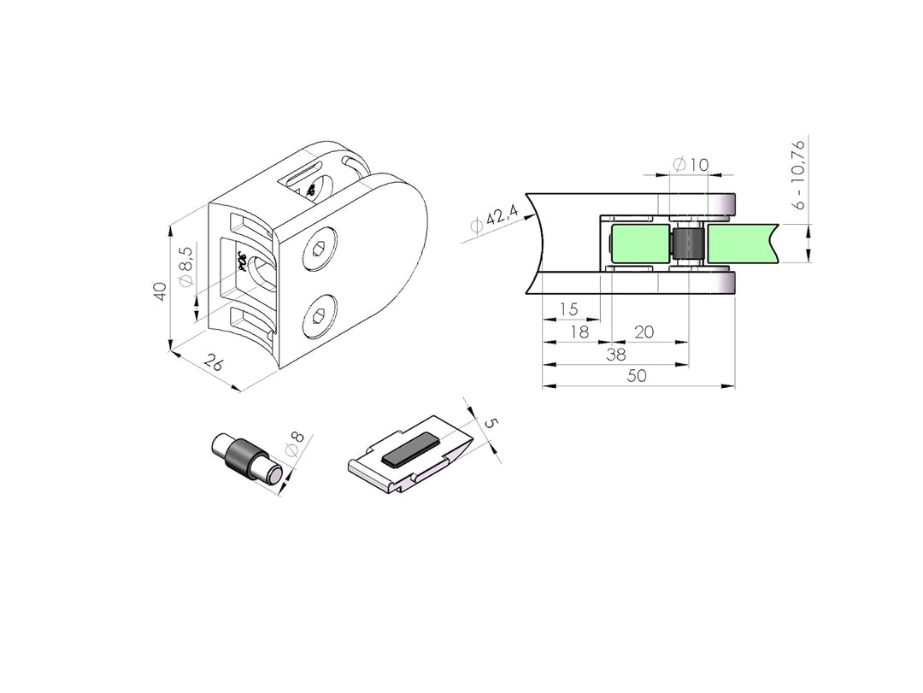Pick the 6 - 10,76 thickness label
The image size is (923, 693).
(798, 174)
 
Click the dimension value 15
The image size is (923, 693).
(568, 308)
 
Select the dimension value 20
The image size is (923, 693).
(644, 332)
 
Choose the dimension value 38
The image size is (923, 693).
(615, 354)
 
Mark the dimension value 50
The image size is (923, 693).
(637, 376)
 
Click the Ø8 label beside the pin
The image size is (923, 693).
(293, 448)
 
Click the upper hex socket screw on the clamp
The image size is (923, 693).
(317, 250)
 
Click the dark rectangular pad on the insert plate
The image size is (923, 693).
(410, 450)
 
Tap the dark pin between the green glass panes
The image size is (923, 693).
(687, 244)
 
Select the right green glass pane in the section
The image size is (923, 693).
(740, 244)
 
